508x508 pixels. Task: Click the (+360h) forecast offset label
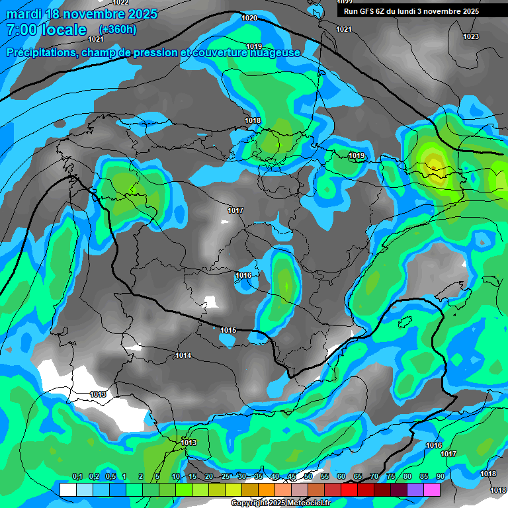click(x=118, y=29)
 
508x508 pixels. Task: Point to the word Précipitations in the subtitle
click(x=39, y=52)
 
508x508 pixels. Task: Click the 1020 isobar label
click(x=249, y=18)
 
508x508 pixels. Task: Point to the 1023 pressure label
click(x=471, y=36)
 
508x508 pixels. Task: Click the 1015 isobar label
click(x=228, y=330)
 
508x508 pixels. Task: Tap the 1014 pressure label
click(x=183, y=356)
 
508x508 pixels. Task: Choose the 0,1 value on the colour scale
click(x=77, y=476)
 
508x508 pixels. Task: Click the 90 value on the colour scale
click(x=440, y=476)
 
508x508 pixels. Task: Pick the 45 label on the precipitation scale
click(x=292, y=476)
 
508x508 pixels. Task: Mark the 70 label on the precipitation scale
click(x=374, y=476)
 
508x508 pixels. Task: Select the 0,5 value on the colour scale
click(x=110, y=476)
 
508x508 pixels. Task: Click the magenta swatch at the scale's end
click(x=432, y=489)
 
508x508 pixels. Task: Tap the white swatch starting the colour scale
click(x=67, y=489)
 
